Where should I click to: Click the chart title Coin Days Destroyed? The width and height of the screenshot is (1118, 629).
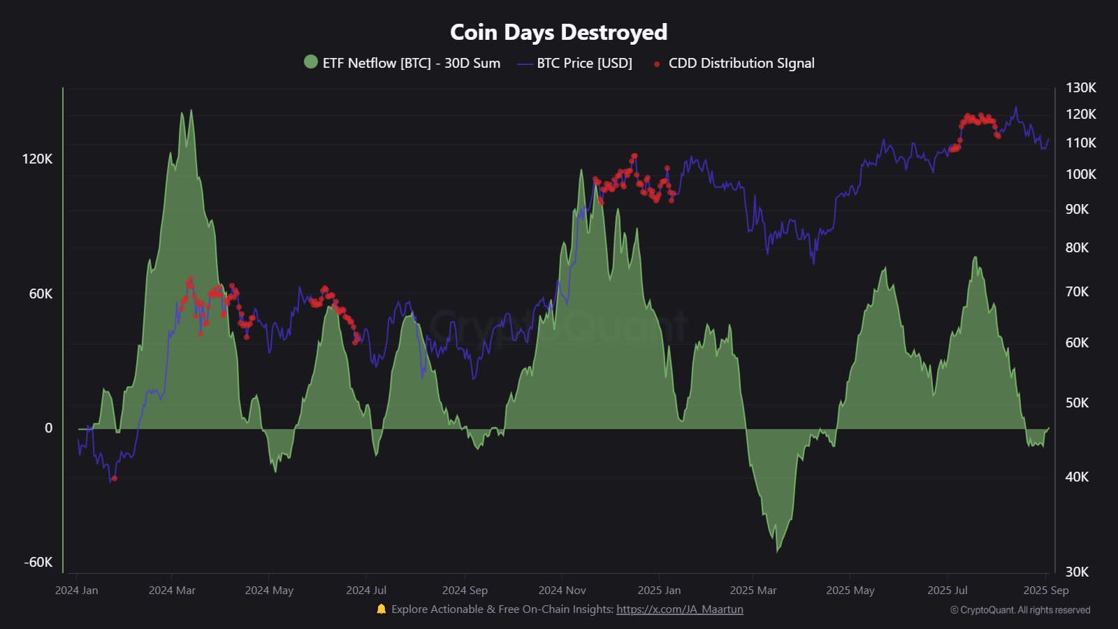[558, 32]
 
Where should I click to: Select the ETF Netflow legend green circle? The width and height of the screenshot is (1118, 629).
[311, 62]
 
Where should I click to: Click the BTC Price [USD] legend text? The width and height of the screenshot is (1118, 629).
[584, 63]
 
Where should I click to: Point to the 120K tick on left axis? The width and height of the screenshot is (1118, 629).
[37, 159]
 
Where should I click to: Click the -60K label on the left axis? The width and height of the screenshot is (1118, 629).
[38, 562]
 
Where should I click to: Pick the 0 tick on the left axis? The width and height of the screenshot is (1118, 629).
[48, 428]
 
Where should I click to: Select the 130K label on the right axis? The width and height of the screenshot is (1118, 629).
[1080, 87]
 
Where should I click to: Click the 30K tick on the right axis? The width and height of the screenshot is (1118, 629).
[1077, 572]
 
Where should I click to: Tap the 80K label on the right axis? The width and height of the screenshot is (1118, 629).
[1077, 247]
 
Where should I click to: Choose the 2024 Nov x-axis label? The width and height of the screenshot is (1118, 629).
[562, 590]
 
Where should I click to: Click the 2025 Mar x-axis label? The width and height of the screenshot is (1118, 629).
[753, 590]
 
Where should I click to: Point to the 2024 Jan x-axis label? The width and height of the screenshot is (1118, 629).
[76, 590]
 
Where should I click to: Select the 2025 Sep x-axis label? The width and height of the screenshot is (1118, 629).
[1045, 590]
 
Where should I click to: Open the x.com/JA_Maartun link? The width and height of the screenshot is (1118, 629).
[679, 609]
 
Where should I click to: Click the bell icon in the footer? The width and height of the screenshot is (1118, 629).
[381, 609]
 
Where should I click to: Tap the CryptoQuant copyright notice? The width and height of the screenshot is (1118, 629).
[1019, 610]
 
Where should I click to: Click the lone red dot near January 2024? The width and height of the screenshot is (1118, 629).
[114, 479]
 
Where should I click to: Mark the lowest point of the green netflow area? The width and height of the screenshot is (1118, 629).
[778, 551]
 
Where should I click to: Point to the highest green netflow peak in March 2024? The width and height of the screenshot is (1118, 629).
[191, 110]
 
